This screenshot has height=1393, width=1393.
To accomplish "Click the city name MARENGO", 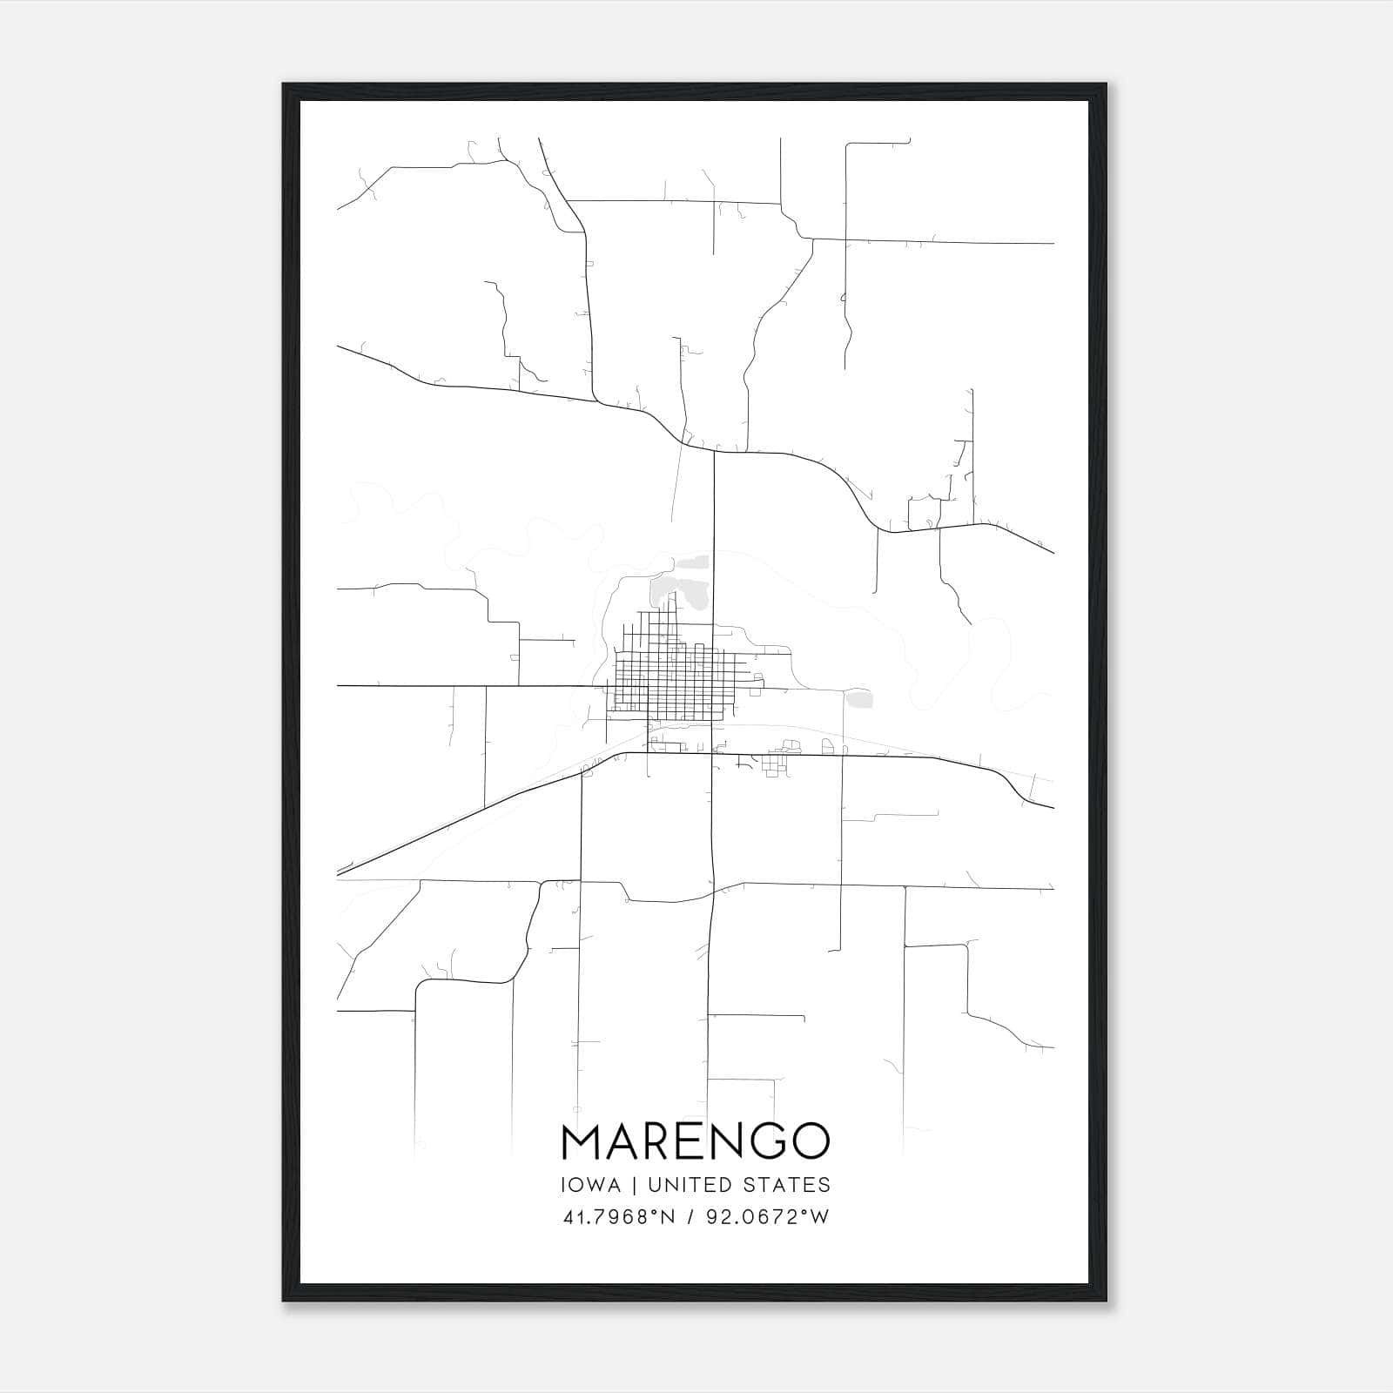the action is (696, 1141).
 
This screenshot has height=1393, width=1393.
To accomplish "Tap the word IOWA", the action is (591, 1185).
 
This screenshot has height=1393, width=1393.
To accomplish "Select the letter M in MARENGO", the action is (582, 1141).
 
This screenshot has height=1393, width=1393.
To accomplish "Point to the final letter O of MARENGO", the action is (809, 1141).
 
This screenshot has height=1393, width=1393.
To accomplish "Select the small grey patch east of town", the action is (861, 699).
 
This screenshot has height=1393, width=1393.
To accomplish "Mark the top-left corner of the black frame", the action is (284, 84).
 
